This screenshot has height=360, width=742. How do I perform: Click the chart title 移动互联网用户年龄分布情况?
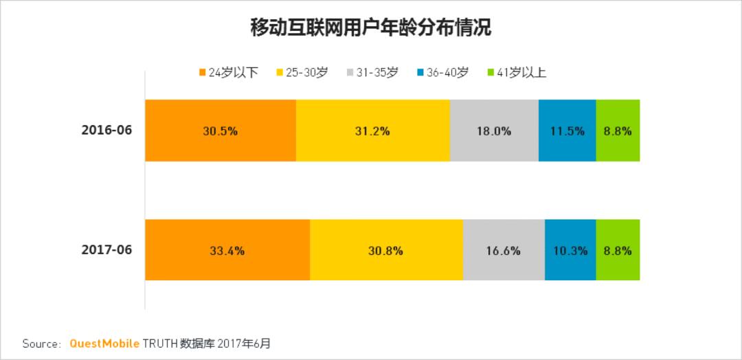[x=371, y=28]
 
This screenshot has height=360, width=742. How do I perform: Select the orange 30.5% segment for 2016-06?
[x=220, y=131]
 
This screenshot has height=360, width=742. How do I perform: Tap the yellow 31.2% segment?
[x=372, y=131]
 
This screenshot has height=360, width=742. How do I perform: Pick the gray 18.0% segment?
[x=494, y=131]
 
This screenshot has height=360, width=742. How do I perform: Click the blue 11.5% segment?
[x=567, y=131]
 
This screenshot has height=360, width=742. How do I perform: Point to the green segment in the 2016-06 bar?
[x=618, y=131]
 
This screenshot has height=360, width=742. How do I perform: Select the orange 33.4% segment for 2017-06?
[x=227, y=250]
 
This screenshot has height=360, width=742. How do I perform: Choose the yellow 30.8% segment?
[x=386, y=250]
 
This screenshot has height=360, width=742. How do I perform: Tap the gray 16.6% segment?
[x=504, y=250]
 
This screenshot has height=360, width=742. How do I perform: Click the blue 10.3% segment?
[x=570, y=250]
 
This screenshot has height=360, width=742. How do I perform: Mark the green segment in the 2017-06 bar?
[x=618, y=250]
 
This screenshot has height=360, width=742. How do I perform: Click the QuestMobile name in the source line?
[x=104, y=344]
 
